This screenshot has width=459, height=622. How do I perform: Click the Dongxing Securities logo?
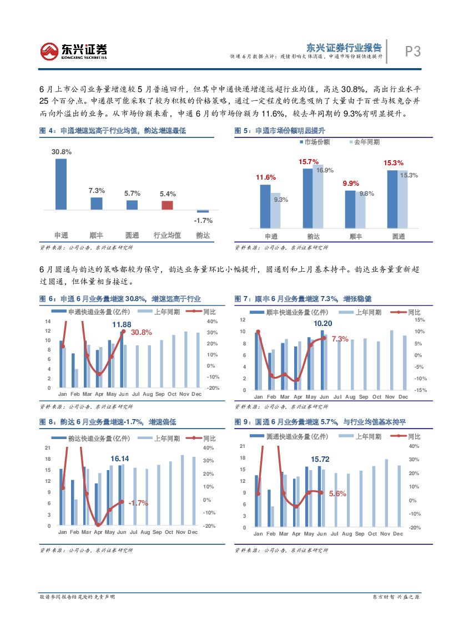73,52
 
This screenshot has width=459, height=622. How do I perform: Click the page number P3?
412,52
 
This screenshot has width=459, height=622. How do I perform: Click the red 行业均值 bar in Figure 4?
168,205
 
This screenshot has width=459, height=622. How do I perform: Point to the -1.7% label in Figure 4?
203,220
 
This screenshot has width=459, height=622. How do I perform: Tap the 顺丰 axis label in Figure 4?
97,235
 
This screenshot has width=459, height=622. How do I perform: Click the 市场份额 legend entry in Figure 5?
315,142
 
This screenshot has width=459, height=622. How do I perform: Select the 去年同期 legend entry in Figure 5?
364,142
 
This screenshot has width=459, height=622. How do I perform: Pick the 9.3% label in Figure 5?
281,200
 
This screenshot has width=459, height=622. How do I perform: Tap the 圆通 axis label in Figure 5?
398,236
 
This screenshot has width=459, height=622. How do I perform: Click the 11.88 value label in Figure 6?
122,324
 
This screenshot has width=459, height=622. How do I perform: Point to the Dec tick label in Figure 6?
196,394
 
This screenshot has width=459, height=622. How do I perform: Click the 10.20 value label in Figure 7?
323,323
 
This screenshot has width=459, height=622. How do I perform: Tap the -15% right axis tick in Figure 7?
420,390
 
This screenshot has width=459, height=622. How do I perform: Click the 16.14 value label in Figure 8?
120,458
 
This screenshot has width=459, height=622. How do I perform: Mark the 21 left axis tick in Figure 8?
48,448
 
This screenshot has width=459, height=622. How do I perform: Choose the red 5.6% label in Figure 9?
337,493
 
